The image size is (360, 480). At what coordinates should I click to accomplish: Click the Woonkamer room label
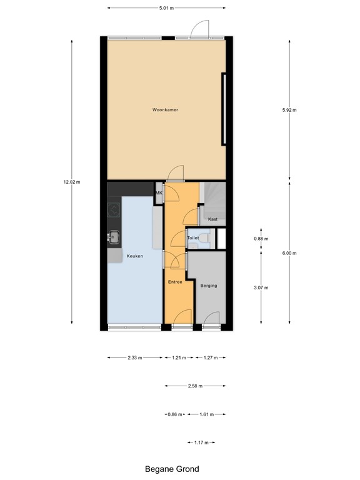pyautogui.click(x=166, y=110)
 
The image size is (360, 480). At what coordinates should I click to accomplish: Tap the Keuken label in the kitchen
pyautogui.click(x=135, y=256)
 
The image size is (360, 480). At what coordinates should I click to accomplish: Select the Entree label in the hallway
pyautogui.click(x=175, y=282)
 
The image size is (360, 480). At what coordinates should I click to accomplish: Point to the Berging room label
pyautogui.click(x=209, y=286)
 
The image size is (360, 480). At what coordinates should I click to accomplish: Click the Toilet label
pyautogui.click(x=193, y=238)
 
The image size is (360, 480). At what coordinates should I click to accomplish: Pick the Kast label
pyautogui.click(x=212, y=219)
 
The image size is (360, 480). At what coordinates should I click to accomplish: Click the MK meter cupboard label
pyautogui.click(x=159, y=193)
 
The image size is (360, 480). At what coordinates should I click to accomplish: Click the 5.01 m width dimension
pyautogui.click(x=166, y=8)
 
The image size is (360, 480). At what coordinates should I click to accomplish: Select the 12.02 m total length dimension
pyautogui.click(x=72, y=182)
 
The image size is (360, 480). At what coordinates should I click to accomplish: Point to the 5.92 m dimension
pyautogui.click(x=289, y=110)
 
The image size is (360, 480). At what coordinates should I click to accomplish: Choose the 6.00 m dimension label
pyautogui.click(x=289, y=253)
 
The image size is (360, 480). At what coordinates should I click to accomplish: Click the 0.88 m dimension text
pyautogui.click(x=261, y=239)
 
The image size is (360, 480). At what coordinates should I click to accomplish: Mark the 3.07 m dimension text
pyautogui.click(x=261, y=287)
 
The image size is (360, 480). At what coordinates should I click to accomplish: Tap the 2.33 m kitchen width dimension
pyautogui.click(x=135, y=358)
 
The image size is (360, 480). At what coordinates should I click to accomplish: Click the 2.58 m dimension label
pyautogui.click(x=194, y=386)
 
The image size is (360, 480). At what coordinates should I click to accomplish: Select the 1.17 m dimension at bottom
pyautogui.click(x=201, y=442)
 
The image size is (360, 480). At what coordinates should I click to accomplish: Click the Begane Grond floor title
pyautogui.click(x=172, y=468)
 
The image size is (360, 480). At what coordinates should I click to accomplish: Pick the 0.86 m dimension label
pyautogui.click(x=174, y=414)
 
